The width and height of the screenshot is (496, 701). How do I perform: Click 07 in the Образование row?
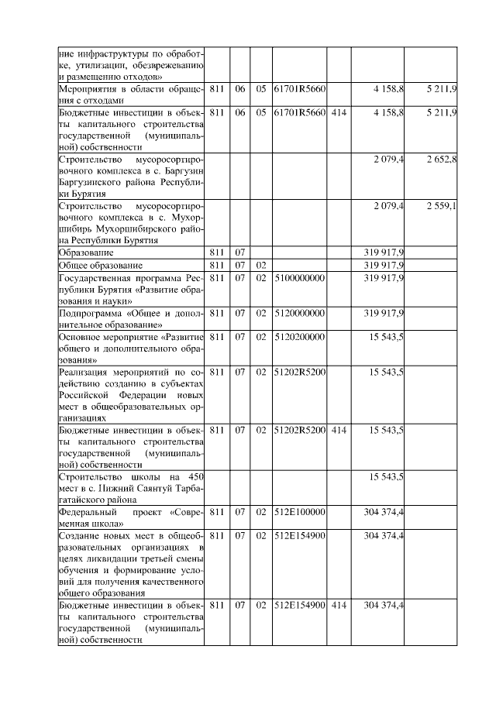point(239,253)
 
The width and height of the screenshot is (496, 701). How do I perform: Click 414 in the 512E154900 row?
point(339,604)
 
